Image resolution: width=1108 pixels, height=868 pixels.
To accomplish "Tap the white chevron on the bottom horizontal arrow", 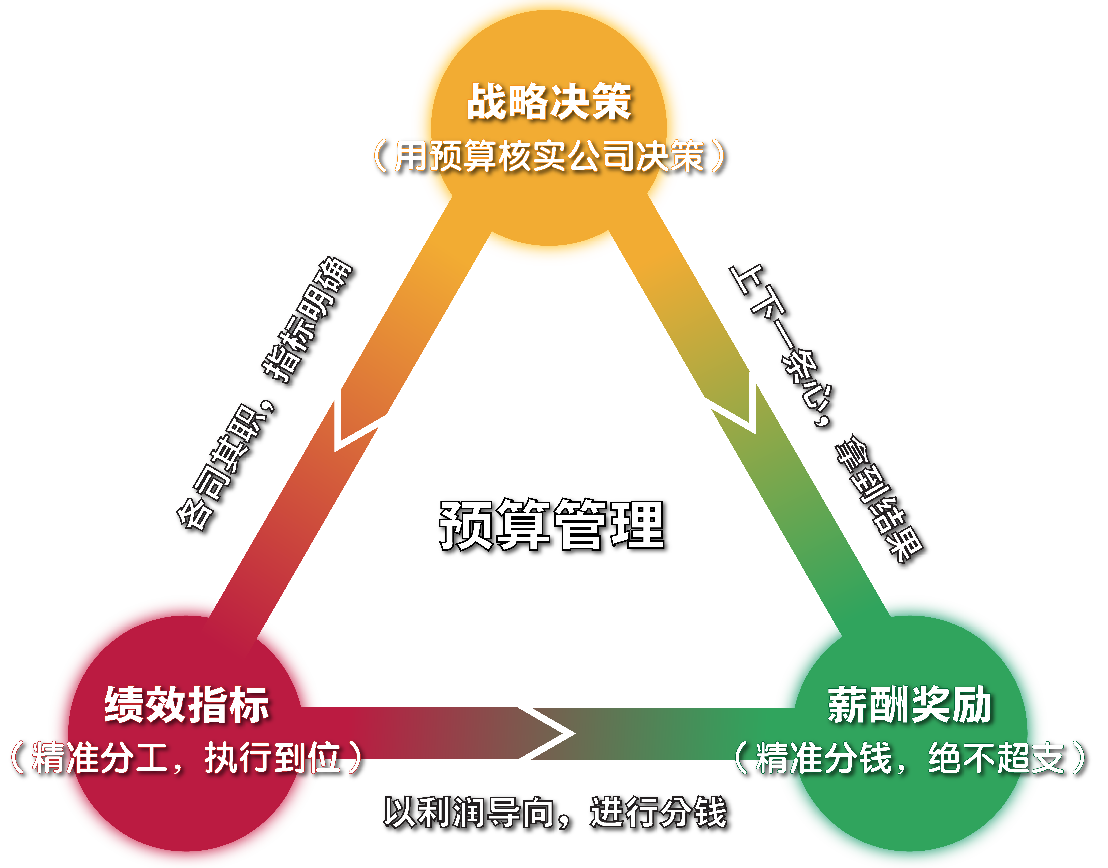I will tap(554, 733).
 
